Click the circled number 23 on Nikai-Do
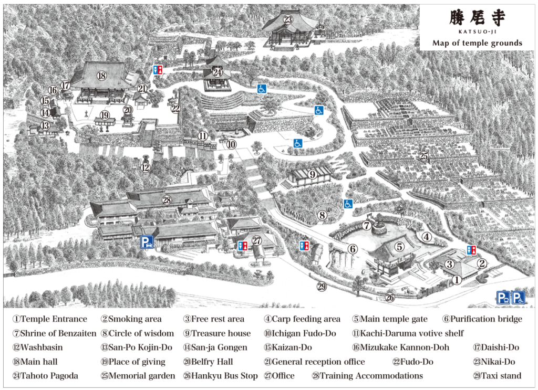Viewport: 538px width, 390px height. tap(288, 20)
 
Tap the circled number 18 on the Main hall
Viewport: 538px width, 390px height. tap(101, 76)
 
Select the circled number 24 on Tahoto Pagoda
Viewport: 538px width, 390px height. tap(218, 72)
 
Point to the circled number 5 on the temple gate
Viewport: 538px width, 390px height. tap(400, 246)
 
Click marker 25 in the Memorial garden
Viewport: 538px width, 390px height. tap(423, 156)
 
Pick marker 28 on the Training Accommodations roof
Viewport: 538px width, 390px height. tap(167, 200)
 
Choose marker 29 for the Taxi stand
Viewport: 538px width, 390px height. tap(322, 286)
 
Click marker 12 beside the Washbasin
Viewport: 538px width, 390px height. tap(146, 168)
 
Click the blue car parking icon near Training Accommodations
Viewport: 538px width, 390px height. tap(147, 242)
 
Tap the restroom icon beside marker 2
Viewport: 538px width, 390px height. tap(471, 250)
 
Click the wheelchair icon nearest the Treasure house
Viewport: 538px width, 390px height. tap(348, 203)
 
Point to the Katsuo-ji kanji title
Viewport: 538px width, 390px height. tap(477, 18)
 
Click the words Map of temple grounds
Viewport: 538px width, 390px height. tap(477, 43)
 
